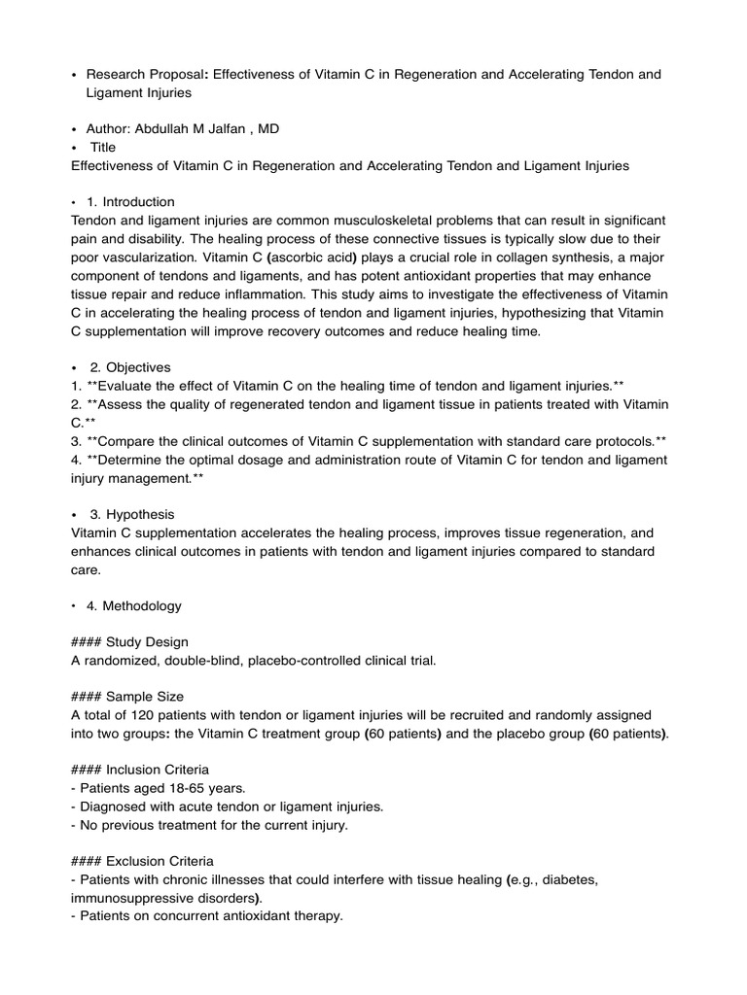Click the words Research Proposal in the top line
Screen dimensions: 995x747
146,75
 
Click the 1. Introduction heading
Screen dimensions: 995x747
130,202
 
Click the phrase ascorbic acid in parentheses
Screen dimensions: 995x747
313,257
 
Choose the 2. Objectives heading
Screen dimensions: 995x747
130,367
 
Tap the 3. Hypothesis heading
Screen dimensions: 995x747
132,514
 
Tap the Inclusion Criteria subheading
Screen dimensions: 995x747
160,770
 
